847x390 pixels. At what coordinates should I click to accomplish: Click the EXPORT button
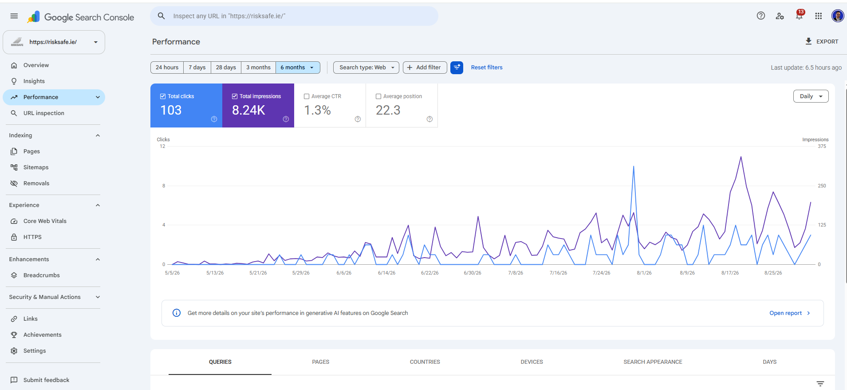coord(822,41)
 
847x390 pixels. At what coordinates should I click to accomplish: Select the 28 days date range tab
coord(226,68)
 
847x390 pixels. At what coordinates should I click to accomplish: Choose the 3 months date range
coord(258,68)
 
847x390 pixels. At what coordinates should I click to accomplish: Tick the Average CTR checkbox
coord(307,96)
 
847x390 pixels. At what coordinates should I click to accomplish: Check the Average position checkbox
coord(378,96)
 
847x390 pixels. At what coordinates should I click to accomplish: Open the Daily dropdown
coord(811,96)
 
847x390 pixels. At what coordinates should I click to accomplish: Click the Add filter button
coord(425,68)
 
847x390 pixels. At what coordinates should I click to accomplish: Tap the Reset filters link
coord(487,68)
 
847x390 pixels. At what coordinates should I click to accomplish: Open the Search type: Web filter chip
coord(366,68)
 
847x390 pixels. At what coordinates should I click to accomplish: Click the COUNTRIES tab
coord(425,362)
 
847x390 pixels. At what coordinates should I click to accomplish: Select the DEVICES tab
coord(532,362)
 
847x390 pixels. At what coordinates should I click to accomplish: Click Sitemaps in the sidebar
coord(36,167)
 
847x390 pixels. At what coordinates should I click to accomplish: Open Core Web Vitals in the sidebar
coord(45,221)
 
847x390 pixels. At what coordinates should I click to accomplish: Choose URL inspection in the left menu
coord(43,113)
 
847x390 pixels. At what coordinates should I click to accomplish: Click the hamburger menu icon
coord(14,16)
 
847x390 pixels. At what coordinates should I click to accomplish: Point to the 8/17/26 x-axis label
coord(730,273)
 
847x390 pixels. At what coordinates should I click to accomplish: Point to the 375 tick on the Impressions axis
coord(822,146)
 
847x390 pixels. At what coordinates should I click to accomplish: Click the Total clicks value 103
coord(171,110)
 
